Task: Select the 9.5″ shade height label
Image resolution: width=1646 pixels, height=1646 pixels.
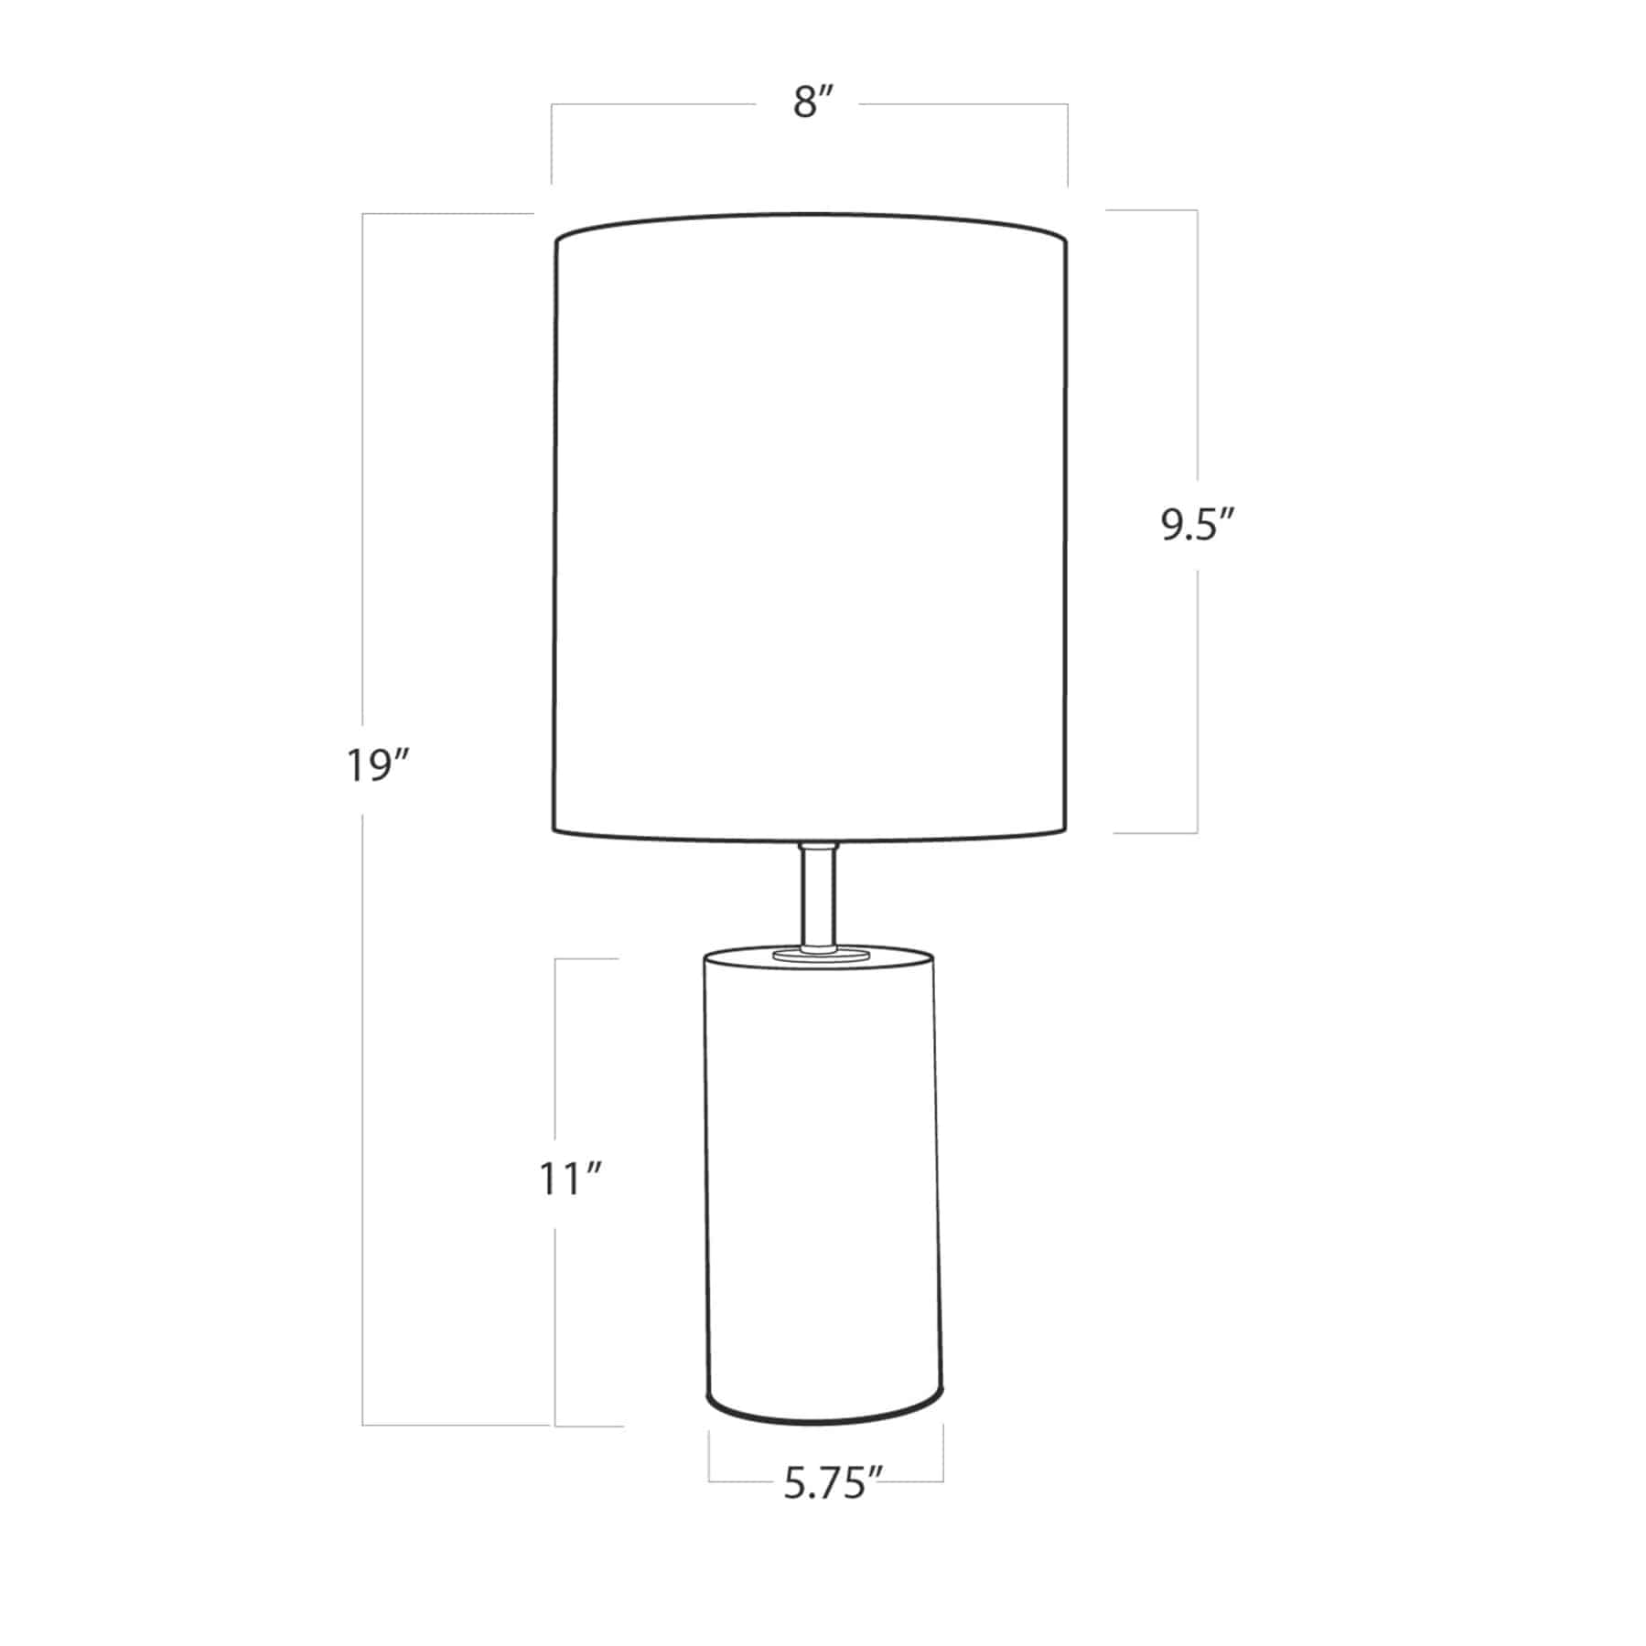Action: coord(1199,527)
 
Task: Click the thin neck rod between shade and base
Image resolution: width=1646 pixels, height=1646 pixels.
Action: coord(817,896)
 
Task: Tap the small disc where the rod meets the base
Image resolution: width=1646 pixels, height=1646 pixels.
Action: coord(818,954)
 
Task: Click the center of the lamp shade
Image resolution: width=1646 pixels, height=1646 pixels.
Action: coord(811,526)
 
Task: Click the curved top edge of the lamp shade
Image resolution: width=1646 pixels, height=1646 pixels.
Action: coord(811,216)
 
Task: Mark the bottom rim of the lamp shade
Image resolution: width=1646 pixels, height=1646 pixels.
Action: coord(811,835)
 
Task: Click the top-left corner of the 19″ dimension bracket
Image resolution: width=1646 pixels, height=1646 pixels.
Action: coord(363,214)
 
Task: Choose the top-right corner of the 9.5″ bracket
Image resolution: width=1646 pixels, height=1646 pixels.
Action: coord(1197,211)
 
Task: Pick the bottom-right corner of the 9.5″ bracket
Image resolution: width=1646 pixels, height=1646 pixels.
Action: coord(1197,832)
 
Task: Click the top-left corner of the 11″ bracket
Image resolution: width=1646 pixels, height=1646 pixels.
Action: coord(555,959)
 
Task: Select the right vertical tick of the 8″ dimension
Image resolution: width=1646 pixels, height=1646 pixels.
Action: coord(1067,146)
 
